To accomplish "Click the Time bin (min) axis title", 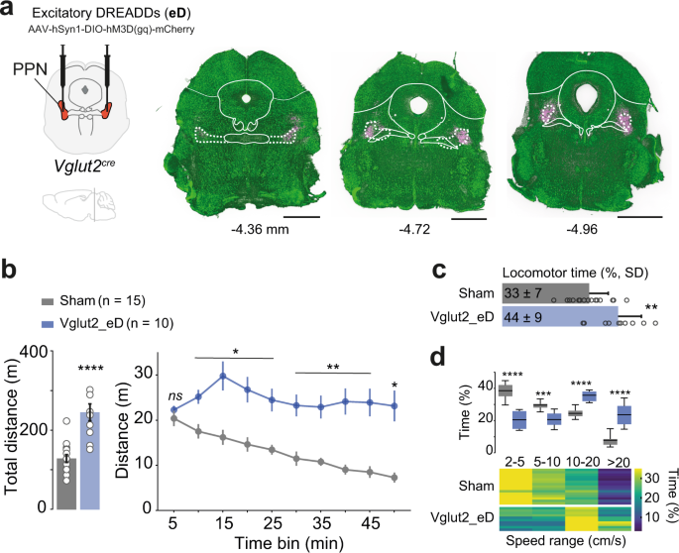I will [285, 542].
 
